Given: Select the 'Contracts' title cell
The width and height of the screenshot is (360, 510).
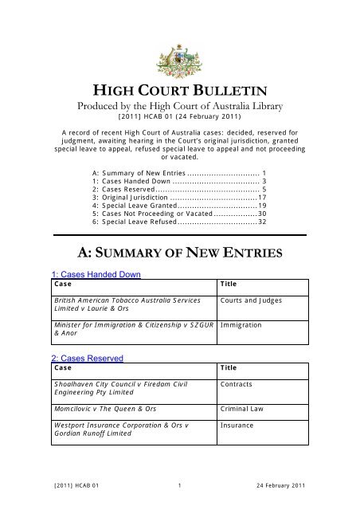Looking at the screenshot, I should pos(239,385).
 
